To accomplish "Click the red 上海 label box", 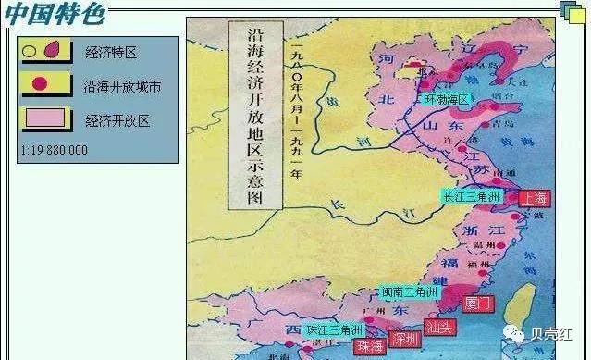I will tap(534, 198).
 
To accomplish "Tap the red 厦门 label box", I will tap(479, 303).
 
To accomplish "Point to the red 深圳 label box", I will tap(405, 339).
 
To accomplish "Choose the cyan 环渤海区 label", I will tap(446, 99).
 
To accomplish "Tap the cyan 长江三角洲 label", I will tap(471, 197).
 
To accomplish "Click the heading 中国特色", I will tap(53, 14).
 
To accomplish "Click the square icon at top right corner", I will tap(572, 11).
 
